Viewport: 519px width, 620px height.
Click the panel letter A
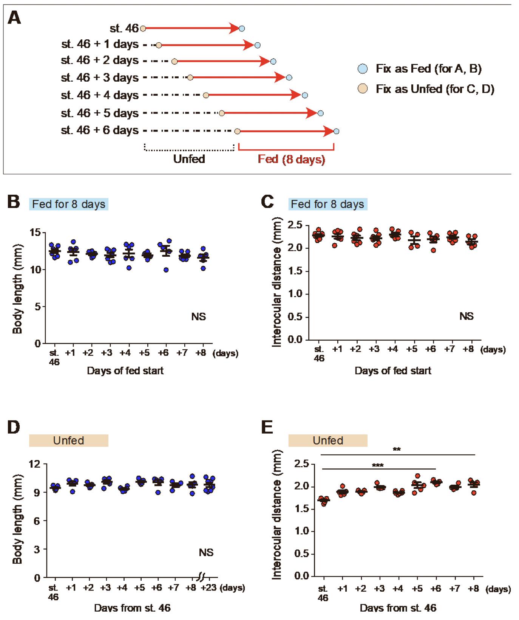pos(14,18)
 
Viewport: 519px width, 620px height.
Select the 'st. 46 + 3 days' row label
pos(100,77)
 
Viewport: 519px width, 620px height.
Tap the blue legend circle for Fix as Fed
pos(363,69)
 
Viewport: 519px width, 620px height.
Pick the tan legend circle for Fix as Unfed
pos(363,89)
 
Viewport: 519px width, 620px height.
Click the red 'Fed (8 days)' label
pos(291,159)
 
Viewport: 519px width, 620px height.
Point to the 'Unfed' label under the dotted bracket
pos(189,159)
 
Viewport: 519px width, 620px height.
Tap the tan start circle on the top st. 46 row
pos(143,28)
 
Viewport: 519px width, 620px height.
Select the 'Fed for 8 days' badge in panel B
pos(69,204)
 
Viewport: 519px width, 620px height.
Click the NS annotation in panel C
pos(466,316)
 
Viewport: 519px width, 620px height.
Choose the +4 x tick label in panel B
pos(125,353)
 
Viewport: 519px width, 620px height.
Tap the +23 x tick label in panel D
pos(208,588)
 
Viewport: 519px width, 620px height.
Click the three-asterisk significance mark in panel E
pos(378,465)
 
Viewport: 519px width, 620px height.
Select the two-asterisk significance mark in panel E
pos(397,449)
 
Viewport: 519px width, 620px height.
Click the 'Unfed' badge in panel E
pos(328,441)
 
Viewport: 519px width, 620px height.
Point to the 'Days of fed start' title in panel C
pos(393,370)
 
